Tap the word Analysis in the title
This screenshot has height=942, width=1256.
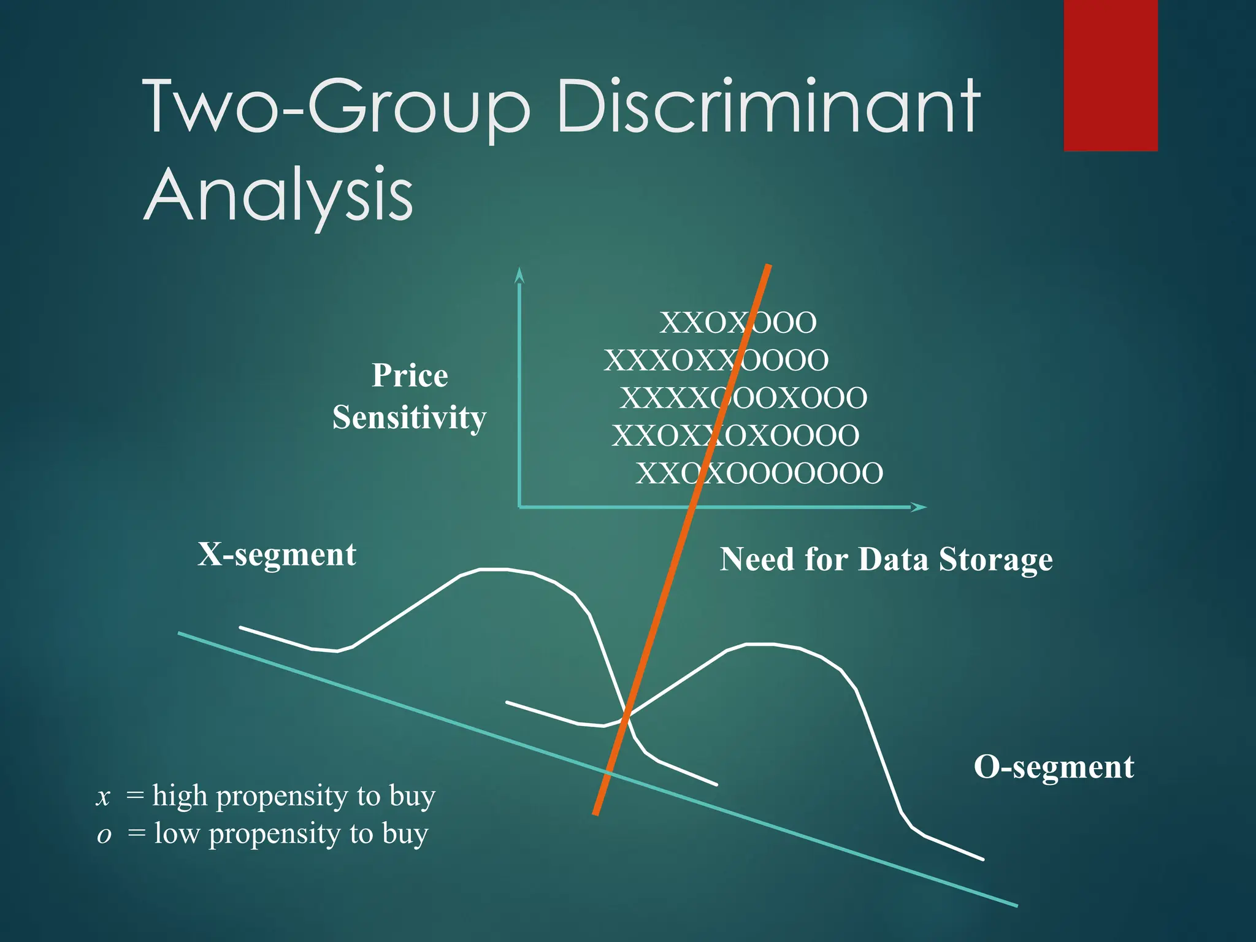(279, 194)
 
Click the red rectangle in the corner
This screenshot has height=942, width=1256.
(1110, 75)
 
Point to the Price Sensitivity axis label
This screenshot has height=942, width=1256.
(410, 396)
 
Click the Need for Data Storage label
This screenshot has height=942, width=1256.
(886, 559)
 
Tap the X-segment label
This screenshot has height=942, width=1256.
(277, 554)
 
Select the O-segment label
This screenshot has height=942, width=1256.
(1054, 767)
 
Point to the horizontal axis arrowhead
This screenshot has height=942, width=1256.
(918, 507)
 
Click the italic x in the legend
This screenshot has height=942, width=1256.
(104, 797)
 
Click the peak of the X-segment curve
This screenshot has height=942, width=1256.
(494, 570)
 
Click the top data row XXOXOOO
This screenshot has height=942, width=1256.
(738, 323)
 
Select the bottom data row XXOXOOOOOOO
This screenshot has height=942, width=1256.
(759, 473)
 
